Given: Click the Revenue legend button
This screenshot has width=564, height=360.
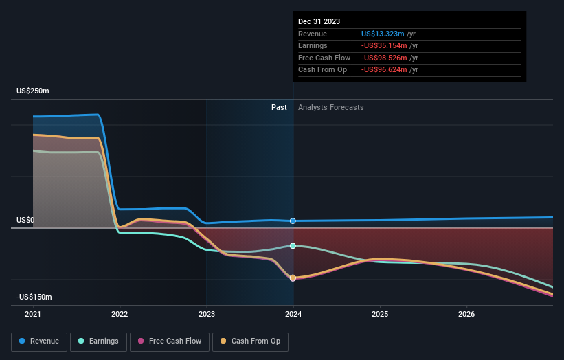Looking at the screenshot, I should pyautogui.click(x=39, y=341).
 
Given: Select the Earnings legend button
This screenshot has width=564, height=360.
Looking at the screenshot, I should pyautogui.click(x=98, y=341).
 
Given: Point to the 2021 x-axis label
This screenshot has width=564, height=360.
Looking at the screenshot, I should pyautogui.click(x=33, y=315).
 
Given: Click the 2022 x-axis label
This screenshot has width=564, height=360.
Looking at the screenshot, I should pyautogui.click(x=120, y=315).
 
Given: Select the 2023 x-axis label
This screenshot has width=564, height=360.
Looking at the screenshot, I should pyautogui.click(x=207, y=315).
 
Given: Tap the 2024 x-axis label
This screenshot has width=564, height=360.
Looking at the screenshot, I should pyautogui.click(x=293, y=315).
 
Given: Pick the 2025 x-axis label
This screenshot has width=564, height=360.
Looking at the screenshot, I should pyautogui.click(x=380, y=315).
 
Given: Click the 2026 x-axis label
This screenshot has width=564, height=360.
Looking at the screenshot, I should pyautogui.click(x=466, y=315).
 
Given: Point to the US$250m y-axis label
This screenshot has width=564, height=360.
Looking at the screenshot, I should pyautogui.click(x=34, y=91).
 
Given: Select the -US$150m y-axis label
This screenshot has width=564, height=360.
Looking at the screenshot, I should pyautogui.click(x=35, y=297).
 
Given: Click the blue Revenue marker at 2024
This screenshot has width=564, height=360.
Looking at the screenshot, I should pyautogui.click(x=293, y=221).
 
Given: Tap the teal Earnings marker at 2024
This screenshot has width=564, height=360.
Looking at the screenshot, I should pyautogui.click(x=293, y=245).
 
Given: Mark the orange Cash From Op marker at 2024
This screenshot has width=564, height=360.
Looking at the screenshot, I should pyautogui.click(x=293, y=278).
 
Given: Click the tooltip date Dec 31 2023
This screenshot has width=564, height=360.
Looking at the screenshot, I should pyautogui.click(x=319, y=22).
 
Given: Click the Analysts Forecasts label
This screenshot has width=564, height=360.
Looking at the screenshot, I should pyautogui.click(x=330, y=107).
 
